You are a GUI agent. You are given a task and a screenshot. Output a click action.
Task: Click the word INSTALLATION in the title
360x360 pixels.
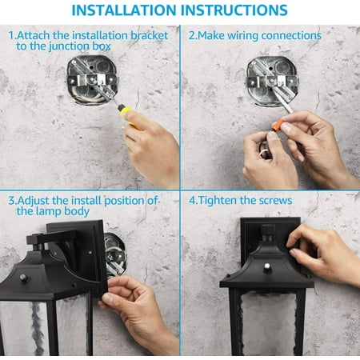tap(124, 10)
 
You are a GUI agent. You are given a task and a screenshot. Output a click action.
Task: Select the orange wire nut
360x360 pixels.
tap(278, 125)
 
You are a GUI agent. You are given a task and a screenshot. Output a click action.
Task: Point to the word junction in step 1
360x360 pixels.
tap(69, 46)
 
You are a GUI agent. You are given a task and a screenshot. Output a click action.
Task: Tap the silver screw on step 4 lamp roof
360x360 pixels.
tap(267, 266)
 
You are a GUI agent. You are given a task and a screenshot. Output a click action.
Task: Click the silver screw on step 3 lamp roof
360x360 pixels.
tap(23, 278)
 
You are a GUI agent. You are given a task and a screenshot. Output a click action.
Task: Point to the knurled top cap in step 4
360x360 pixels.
tap(268, 230)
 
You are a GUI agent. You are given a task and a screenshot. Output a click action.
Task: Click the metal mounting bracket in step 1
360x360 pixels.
tap(92, 80)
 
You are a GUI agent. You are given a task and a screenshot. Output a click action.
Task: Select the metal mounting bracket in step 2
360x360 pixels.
tap(272, 81)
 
